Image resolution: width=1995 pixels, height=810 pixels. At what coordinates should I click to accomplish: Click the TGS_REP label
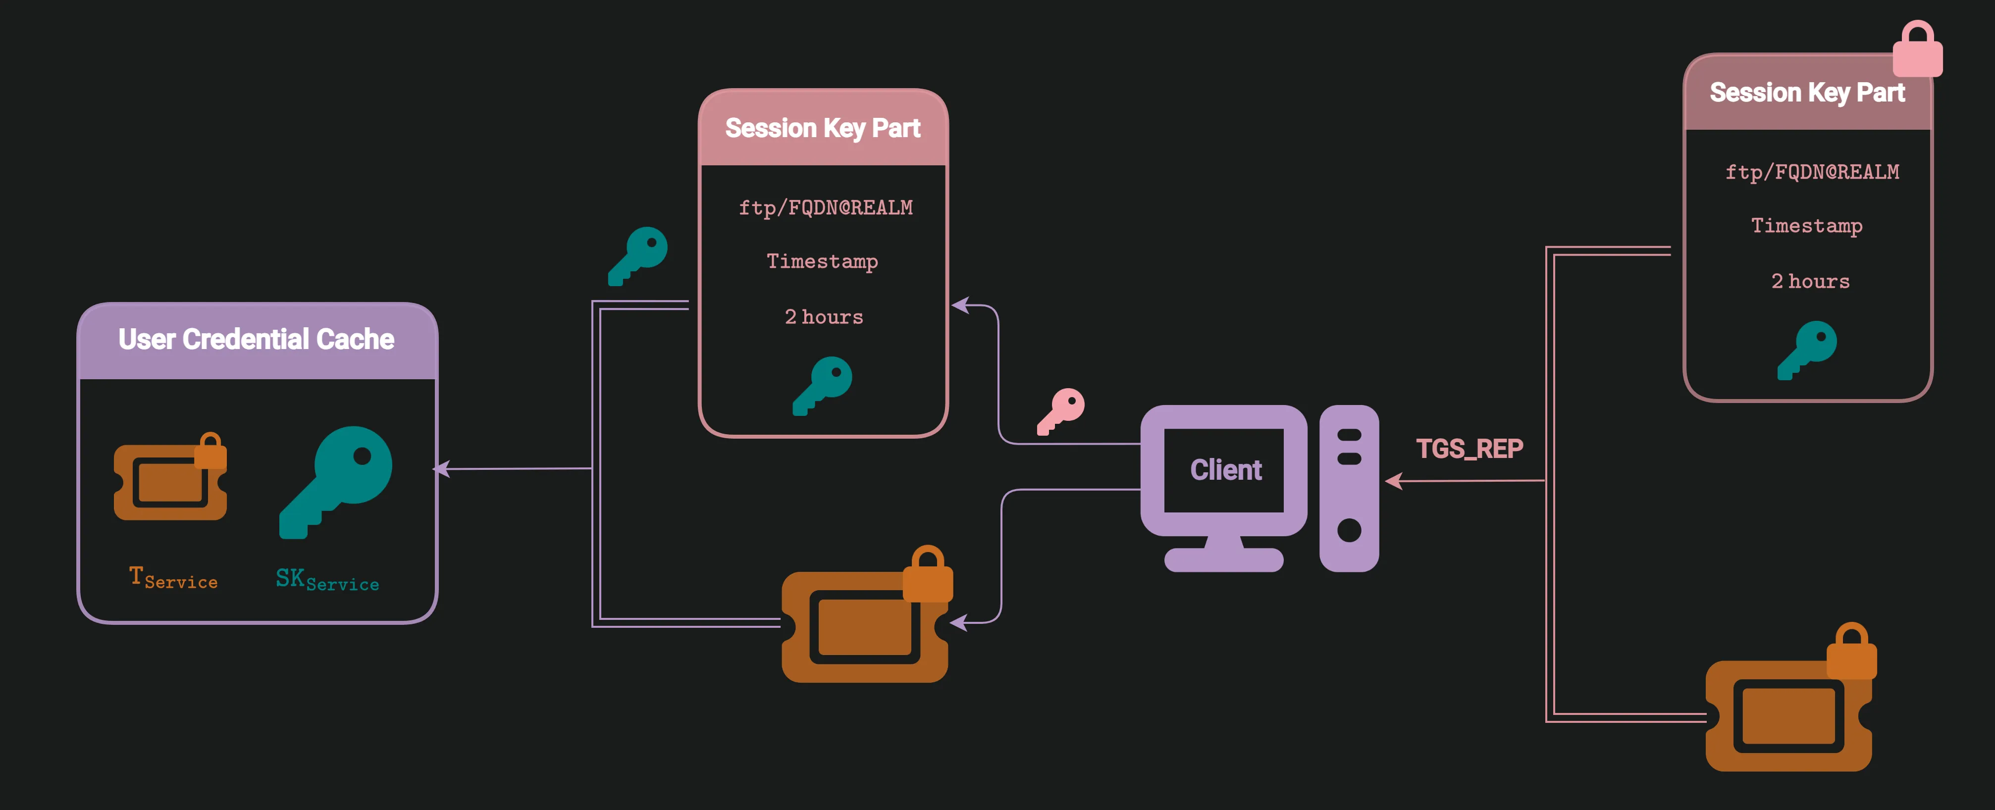point(1469,449)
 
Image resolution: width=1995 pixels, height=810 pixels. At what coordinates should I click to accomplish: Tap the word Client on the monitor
point(1225,470)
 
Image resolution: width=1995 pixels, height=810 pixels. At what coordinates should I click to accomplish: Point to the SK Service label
point(327,580)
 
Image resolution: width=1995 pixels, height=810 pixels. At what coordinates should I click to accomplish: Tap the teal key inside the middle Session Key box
point(823,385)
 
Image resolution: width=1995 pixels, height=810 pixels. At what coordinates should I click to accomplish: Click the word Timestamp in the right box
point(1807,226)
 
